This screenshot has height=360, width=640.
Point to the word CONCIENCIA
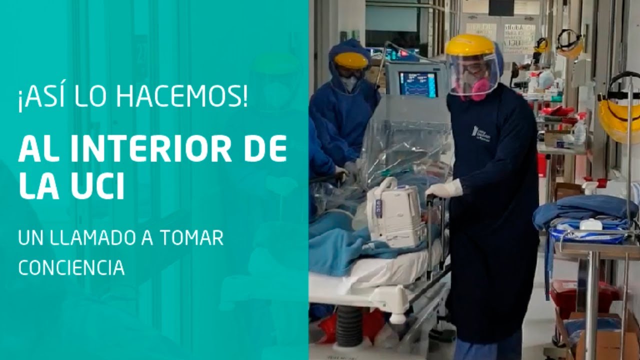point(71,268)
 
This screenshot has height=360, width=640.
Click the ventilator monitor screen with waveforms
point(418,84)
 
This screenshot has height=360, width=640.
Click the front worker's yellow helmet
point(470,45)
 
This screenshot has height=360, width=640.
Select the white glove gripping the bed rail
point(444,189)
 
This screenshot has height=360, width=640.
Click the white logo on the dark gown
point(481,133)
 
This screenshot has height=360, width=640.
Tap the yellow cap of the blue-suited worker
point(351,60)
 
